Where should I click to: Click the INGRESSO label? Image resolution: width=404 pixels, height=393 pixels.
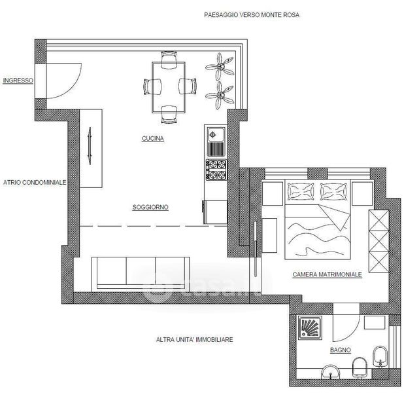[18, 81]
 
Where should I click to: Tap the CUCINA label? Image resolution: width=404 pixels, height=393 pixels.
[153, 139]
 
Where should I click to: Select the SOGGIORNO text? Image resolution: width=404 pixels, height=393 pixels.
[150, 207]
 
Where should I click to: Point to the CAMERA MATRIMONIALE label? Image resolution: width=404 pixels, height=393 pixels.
[328, 274]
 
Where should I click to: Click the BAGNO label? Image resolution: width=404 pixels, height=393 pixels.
[341, 350]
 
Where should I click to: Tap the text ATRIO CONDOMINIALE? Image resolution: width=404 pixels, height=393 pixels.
[35, 183]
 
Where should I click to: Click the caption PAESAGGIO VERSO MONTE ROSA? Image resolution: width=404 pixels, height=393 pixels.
[252, 15]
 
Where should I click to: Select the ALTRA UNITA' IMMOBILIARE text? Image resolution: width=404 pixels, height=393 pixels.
[195, 339]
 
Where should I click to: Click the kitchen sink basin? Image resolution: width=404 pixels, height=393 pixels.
[216, 135]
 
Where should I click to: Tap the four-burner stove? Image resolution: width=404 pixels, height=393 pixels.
[216, 170]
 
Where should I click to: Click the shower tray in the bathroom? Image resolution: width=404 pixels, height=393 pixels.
[311, 327]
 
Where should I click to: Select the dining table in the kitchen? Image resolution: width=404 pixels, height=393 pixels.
[169, 87]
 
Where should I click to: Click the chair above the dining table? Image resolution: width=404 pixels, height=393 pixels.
[169, 60]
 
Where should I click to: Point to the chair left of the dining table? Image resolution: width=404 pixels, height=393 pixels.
[152, 86]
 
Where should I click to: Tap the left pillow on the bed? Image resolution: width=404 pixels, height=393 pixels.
[301, 191]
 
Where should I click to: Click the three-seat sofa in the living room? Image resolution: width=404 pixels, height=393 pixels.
[141, 273]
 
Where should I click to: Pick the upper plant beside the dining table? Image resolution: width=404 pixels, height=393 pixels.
[220, 67]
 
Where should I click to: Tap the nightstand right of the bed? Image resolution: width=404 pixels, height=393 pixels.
[362, 193]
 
